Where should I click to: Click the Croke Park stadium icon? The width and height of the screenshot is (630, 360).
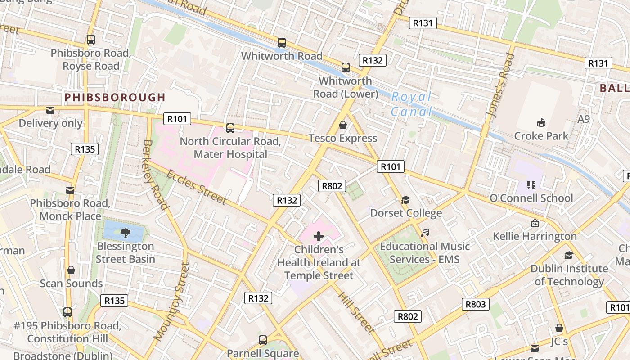tap(541, 122)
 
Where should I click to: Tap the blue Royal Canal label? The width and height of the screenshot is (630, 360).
tap(411, 104)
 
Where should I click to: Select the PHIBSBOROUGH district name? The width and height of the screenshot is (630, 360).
tap(115, 97)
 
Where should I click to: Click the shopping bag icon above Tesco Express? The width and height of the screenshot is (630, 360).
tap(343, 125)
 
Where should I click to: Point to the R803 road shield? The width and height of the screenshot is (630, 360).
tap(475, 304)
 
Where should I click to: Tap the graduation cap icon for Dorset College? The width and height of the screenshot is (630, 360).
tap(406, 200)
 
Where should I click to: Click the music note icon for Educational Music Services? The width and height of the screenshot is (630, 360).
tap(425, 233)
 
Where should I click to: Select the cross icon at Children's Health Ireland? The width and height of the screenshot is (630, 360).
tap(319, 236)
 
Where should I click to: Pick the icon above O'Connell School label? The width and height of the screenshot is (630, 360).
tap(531, 184)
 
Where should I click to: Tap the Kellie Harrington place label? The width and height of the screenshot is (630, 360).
tap(535, 236)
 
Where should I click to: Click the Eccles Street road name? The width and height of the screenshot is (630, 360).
tap(196, 187)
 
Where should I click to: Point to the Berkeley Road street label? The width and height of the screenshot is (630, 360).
tap(155, 175)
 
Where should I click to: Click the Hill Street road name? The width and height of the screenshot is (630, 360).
tap(355, 313)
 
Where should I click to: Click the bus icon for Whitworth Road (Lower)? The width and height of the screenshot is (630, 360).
tap(346, 67)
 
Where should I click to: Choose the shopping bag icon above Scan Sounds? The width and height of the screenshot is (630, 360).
tap(71, 270)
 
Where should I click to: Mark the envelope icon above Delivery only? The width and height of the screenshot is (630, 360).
tap(50, 110)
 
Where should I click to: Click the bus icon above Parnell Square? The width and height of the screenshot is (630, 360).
tap(263, 340)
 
